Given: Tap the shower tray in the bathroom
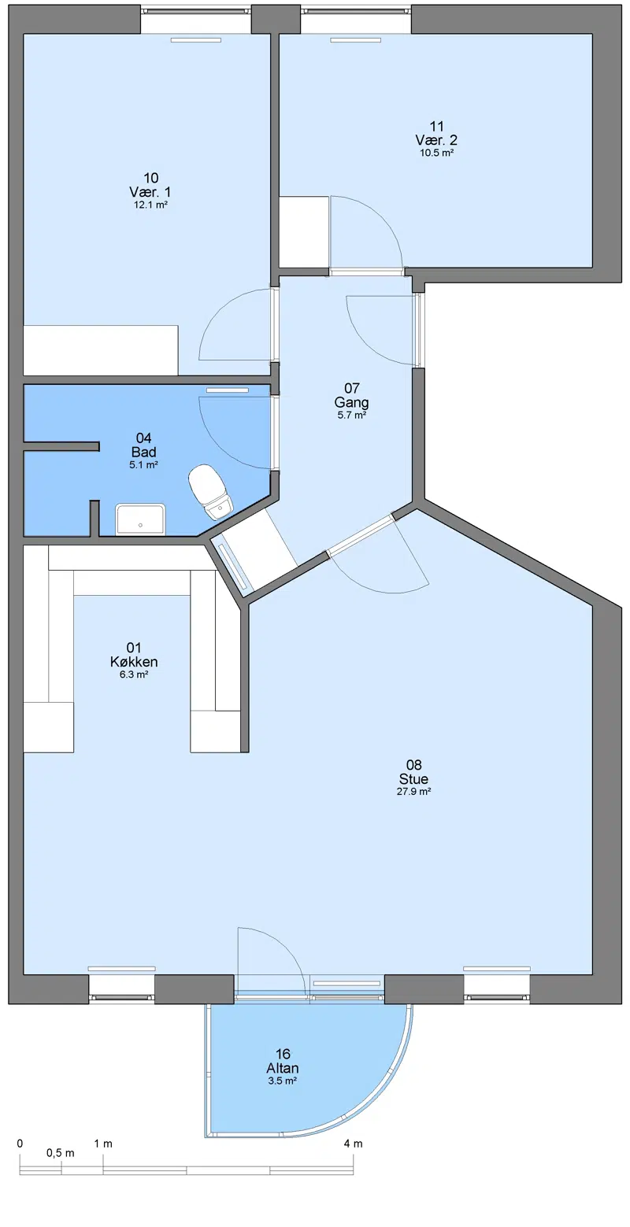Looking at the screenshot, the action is coord(140,519).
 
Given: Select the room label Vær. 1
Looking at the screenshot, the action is coord(150,192).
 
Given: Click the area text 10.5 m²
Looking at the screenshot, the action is coord(436,153).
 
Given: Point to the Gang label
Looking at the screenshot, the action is coord(351,402).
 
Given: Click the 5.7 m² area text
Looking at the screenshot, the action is coord(351,415).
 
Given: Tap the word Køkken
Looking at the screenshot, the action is coord(134,661).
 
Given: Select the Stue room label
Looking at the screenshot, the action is coord(414,778).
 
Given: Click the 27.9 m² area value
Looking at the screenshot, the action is coord(414,791).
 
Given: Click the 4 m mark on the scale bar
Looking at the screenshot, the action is coord(353,1144).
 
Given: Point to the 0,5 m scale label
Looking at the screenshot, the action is coord(61,1153).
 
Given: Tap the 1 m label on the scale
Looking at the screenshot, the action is coord(103,1144).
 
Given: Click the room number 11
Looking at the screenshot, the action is coord(436,127).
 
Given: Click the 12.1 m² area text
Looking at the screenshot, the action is coord(150,205).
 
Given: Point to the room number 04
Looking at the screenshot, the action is coord(143,438).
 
